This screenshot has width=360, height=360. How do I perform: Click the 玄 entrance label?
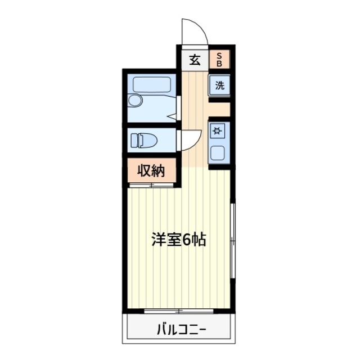click(x=195, y=60)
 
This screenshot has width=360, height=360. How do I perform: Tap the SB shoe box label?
click(x=220, y=60)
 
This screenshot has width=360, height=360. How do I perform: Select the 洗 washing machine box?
click(x=220, y=86)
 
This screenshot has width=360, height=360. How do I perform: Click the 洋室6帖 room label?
click(x=178, y=240)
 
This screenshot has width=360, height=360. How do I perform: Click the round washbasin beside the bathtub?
click(x=134, y=100)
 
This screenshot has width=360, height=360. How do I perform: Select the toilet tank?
click(x=133, y=139)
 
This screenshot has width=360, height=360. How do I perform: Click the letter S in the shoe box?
click(x=220, y=56)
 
